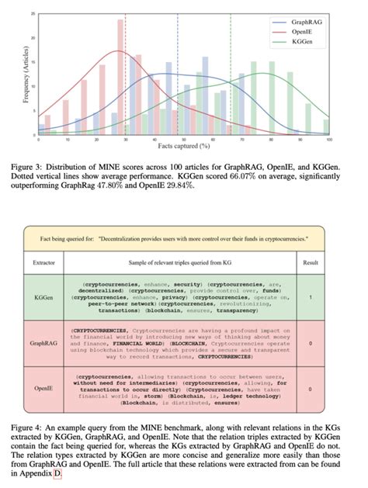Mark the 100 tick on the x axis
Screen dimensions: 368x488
330,139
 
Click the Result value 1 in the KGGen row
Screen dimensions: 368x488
311,296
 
